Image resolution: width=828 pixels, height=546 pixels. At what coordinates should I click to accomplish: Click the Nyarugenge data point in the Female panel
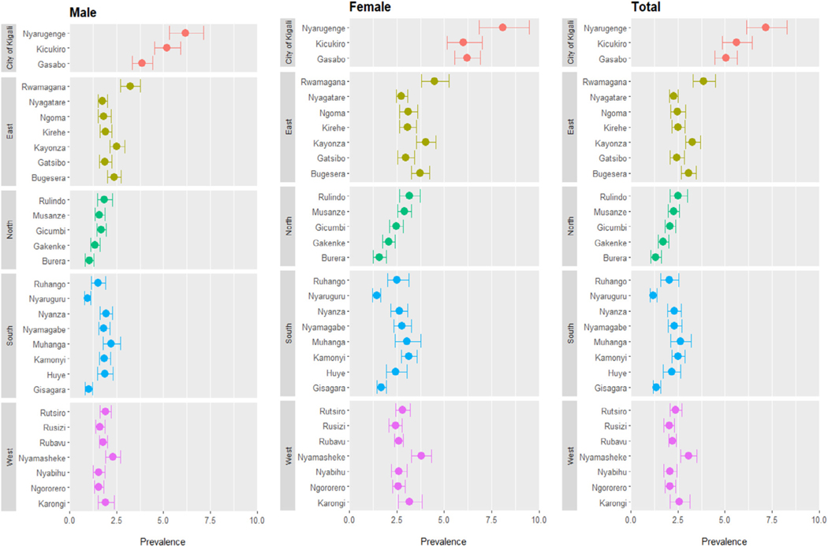coord(502,28)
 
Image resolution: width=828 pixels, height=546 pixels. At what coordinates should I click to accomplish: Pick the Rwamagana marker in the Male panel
coord(130,86)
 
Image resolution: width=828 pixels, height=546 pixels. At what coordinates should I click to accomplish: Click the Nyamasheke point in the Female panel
coord(421,455)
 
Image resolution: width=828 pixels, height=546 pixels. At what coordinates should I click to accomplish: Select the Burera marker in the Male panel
coord(89,260)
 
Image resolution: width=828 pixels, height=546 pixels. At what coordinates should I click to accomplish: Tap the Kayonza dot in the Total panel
coord(692,142)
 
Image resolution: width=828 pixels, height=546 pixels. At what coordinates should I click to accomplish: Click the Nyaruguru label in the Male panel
coord(45,299)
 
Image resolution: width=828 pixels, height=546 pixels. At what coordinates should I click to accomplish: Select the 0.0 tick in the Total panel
coord(631,520)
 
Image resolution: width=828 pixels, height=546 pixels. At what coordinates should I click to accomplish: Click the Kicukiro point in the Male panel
coord(166,48)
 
